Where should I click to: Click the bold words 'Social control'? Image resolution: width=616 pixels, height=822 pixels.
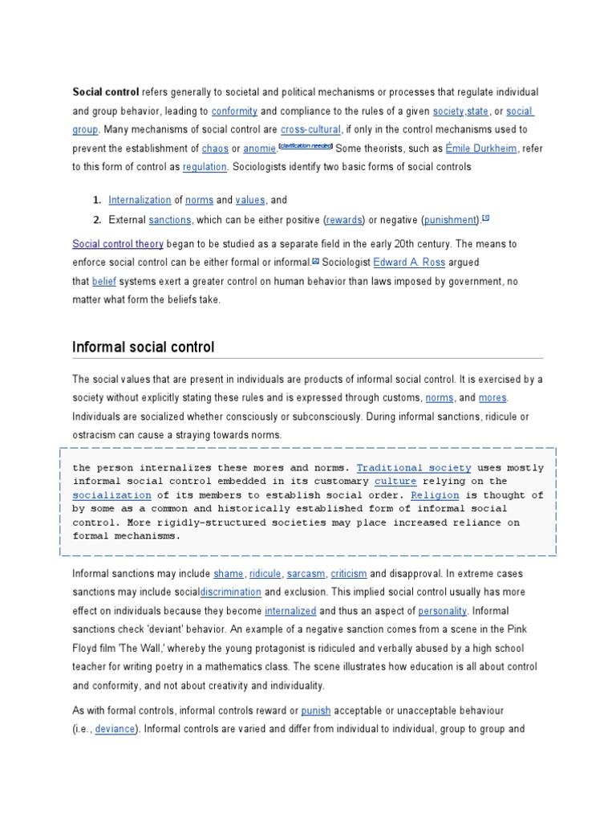click(x=106, y=92)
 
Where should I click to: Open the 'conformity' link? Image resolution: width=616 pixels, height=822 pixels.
click(x=234, y=111)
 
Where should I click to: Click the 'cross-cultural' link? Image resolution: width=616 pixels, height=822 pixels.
click(x=310, y=129)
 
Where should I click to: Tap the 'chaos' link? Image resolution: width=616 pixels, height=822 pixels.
click(x=215, y=149)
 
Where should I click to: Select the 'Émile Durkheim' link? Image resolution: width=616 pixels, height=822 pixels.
click(x=481, y=149)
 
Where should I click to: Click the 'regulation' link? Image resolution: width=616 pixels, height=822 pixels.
click(x=205, y=167)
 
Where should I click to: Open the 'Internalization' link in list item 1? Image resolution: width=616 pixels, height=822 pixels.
click(x=140, y=200)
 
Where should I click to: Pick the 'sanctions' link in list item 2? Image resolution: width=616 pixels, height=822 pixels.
click(x=170, y=219)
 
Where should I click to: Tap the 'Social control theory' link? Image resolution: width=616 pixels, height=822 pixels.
click(x=118, y=243)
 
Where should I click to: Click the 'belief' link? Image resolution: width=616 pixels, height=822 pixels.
click(x=104, y=281)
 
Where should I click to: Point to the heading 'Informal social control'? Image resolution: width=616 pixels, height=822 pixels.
click(x=144, y=347)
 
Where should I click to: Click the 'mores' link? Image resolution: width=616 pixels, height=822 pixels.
click(x=492, y=397)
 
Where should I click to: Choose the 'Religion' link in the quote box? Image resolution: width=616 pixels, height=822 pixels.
click(x=440, y=495)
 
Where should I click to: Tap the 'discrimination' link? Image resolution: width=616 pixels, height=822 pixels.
click(x=230, y=592)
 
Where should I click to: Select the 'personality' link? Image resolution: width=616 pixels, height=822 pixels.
click(x=442, y=611)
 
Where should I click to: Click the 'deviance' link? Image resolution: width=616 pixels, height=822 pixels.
click(x=115, y=729)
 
